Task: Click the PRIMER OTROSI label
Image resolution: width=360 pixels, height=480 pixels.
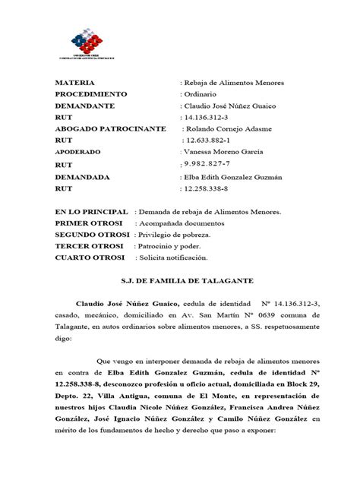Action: tap(90, 225)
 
